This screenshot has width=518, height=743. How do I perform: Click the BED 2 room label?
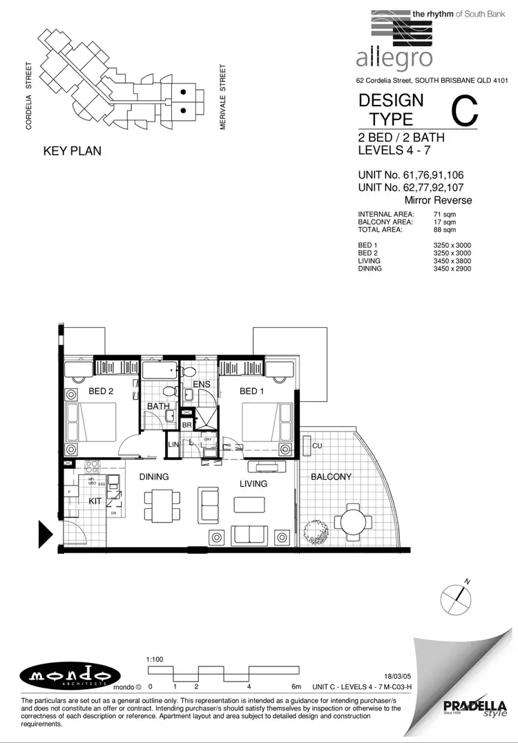(101, 392)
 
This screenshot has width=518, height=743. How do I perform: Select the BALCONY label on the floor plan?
(331, 476)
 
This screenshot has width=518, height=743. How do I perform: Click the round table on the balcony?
(353, 519)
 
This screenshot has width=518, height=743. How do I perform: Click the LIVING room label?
(253, 483)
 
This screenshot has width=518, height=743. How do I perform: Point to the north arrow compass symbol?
(454, 598)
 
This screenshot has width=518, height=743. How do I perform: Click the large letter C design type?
(464, 112)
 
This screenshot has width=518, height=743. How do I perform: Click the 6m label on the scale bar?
(297, 686)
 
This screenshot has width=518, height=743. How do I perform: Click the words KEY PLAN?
(72, 151)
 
